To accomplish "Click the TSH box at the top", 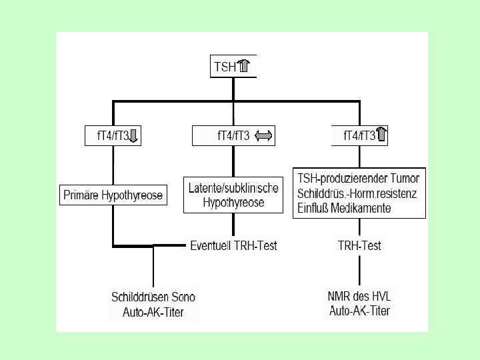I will (x=233, y=67).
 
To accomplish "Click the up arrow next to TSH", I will (x=245, y=67).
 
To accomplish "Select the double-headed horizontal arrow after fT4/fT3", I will (x=264, y=136).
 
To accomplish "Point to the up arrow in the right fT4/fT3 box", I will (x=382, y=136).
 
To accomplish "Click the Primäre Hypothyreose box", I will (x=113, y=196).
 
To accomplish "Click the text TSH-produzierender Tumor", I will (x=359, y=179).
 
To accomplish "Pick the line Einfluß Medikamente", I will (x=345, y=208).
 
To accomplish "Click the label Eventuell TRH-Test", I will (x=233, y=246).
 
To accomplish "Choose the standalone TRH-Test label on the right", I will (x=359, y=246).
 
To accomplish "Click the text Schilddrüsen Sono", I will (x=153, y=297).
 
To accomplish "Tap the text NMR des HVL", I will (x=359, y=297).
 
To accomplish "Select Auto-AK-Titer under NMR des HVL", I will (x=359, y=311).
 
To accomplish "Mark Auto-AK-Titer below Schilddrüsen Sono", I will (x=153, y=311).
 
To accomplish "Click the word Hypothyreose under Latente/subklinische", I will (x=233, y=202).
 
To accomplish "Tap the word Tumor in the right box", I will (x=405, y=179).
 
